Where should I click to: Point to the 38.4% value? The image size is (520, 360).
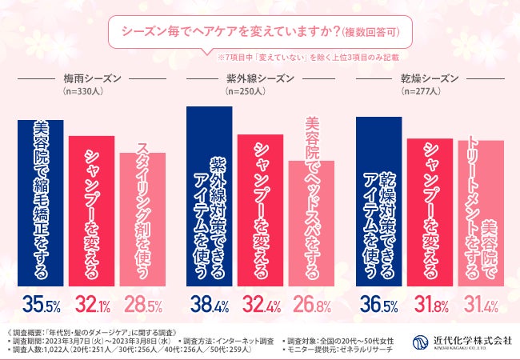(209, 305)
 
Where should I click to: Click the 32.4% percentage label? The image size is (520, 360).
(260, 305)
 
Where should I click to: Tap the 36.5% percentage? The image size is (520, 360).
(378, 305)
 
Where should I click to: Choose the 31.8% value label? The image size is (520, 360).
(429, 305)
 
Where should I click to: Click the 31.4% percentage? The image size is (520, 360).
(480, 305)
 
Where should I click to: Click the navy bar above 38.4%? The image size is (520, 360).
(209, 195)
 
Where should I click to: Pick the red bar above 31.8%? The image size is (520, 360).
(430, 212)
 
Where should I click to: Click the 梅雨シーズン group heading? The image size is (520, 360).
(92, 79)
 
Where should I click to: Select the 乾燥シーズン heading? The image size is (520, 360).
(430, 79)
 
